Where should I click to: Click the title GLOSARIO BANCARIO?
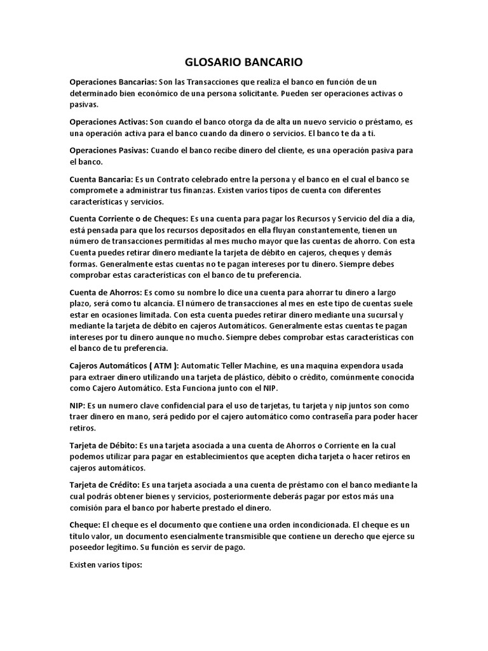tap(243, 62)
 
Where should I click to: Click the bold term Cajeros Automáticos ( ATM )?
tap(125, 366)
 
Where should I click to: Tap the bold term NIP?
tap(77, 405)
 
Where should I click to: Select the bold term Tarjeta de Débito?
tap(103, 445)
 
